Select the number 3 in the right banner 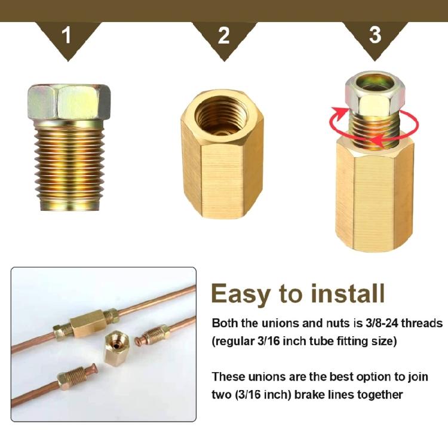pyautogui.click(x=375, y=35)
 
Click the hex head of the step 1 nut pyautogui.click(x=69, y=102)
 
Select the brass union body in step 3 pyautogui.click(x=375, y=197)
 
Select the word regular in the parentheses pyautogui.click(x=238, y=341)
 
